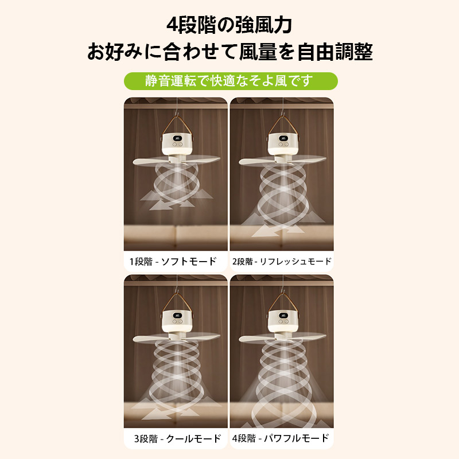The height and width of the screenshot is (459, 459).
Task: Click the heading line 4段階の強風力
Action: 229,25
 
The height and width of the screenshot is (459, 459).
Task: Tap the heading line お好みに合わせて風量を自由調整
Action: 230,52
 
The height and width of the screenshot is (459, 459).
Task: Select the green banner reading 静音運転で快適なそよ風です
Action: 231,81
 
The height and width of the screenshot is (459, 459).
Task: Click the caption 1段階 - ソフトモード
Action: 173,261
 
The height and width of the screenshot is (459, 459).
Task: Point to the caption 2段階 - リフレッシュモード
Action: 282,261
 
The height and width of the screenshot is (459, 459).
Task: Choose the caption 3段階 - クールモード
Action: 177,438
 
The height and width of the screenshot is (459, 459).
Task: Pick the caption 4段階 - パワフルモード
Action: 281,438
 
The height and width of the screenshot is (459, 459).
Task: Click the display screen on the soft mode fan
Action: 177,138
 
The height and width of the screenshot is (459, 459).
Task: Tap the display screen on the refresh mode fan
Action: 283,138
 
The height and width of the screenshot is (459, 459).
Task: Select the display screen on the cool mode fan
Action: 177,316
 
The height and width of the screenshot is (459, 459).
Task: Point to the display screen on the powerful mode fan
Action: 283,316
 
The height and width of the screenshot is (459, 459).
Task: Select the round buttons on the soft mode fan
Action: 177,145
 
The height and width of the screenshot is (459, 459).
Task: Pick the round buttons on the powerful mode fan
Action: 283,322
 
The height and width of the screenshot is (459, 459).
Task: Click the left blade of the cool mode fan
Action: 151,339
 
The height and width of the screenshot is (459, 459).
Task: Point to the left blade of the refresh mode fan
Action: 257,161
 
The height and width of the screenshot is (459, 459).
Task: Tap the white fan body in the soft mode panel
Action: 177,144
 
